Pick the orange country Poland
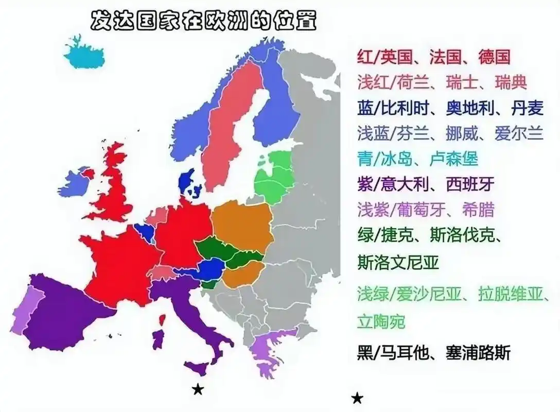click(242, 222)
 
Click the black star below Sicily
click(198, 390)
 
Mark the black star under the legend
click(357, 398)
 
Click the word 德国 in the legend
click(494, 56)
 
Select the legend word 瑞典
click(511, 82)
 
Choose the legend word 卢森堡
click(452, 159)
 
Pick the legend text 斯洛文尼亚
click(397, 262)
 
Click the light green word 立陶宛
click(381, 322)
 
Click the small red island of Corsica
click(162, 320)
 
